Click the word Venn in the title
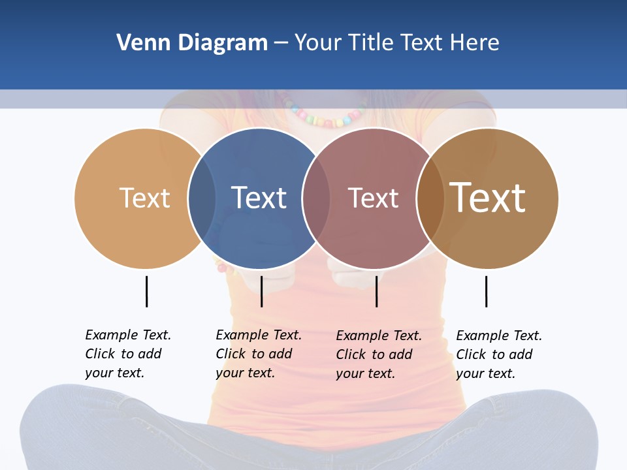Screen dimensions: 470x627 click(135, 43)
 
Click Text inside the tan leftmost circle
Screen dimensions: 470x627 click(144, 198)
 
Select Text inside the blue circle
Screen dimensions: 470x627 click(259, 198)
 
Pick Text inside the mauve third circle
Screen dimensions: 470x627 click(373, 198)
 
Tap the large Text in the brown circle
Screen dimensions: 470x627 click(488, 197)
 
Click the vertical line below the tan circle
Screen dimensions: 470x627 click(146, 291)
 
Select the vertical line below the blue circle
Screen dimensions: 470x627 click(261, 291)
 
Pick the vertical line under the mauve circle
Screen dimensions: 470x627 click(376, 291)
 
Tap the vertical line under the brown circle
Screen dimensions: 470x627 click(486, 291)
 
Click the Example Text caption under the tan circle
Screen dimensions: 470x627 click(128, 354)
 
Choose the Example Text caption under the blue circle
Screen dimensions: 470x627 click(259, 354)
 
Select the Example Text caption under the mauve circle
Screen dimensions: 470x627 click(379, 354)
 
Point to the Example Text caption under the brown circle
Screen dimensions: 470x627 click(499, 354)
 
